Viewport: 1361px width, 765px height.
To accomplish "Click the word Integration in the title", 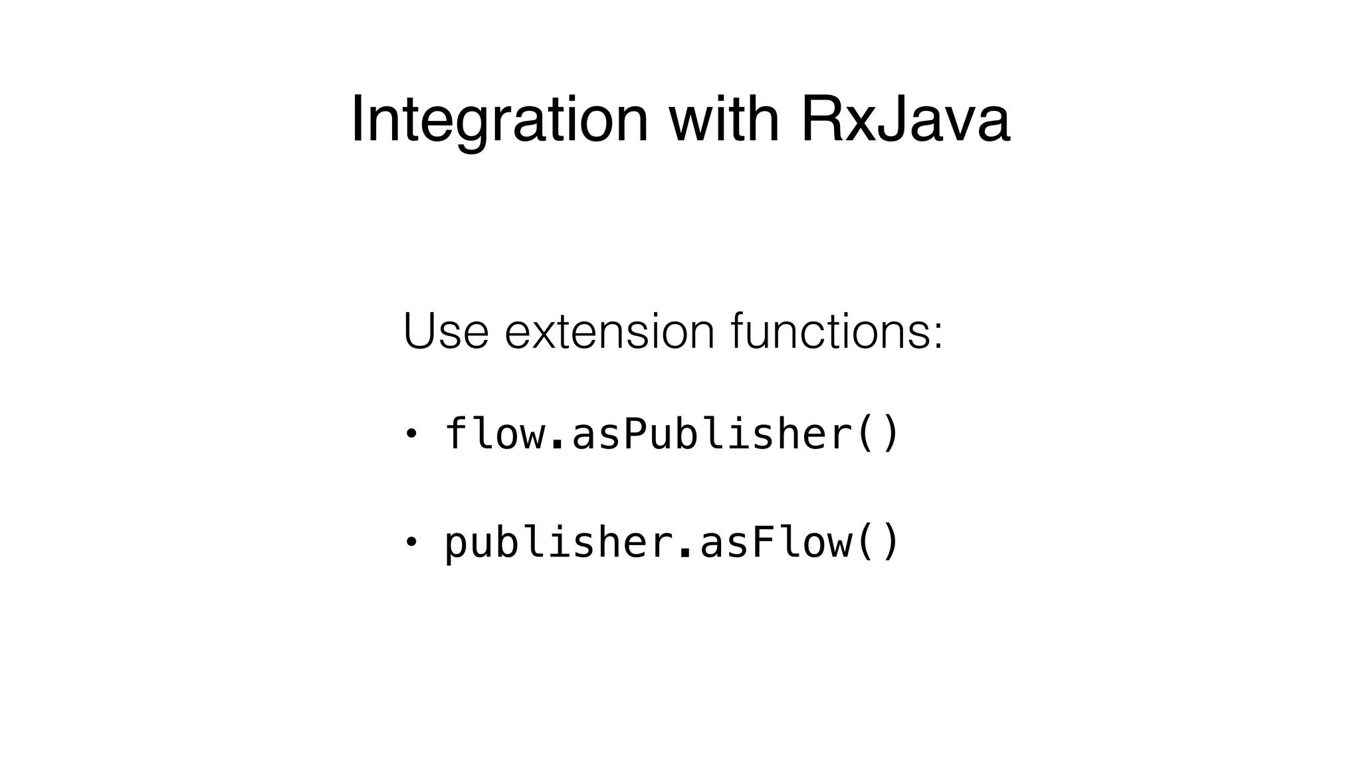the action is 499,120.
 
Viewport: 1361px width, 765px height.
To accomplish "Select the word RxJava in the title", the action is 906,120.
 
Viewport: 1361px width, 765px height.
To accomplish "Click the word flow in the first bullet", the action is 494,433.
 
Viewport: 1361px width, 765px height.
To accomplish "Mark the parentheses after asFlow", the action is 877,543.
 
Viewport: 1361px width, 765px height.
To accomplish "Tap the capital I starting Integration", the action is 357,119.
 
